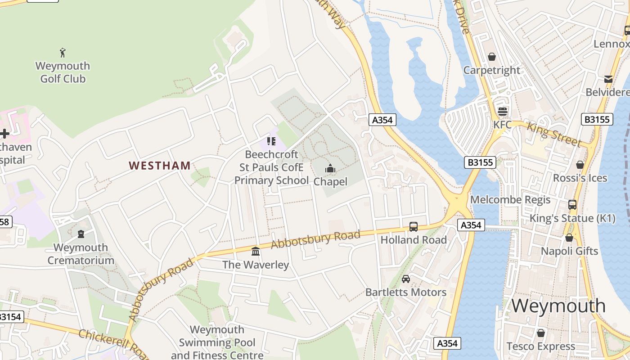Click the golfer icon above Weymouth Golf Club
point(63,53)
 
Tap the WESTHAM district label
point(160,166)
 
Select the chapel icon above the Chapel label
point(330,169)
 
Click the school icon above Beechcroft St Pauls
point(271,141)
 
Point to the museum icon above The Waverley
point(256,251)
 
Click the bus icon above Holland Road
point(413,227)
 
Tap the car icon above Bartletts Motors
point(406,279)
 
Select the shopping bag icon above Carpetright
point(491,57)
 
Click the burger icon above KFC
point(502,111)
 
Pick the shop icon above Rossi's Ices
point(580,165)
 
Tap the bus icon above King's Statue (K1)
point(572,205)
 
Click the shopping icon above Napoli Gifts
point(569,238)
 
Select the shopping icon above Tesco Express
point(540,333)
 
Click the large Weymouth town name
point(558,306)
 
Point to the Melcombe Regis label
point(510,199)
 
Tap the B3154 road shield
point(10,317)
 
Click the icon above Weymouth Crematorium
point(81,234)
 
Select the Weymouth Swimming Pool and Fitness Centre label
point(217,342)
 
